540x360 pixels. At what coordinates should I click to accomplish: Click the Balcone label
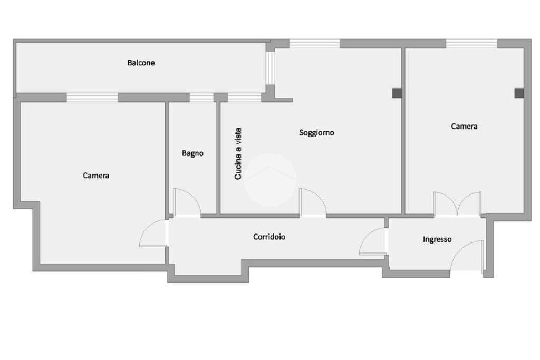click(141, 63)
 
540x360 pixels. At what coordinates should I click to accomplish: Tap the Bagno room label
click(192, 153)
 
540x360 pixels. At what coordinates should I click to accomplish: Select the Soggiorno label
click(316, 133)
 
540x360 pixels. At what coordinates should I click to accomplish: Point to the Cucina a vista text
click(238, 153)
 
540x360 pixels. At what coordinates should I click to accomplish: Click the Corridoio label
click(269, 237)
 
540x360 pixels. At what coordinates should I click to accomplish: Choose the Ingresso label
click(437, 239)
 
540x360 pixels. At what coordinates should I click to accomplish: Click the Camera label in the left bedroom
click(96, 176)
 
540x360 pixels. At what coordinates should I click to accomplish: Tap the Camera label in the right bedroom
click(464, 127)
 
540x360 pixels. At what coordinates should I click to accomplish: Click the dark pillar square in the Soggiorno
click(397, 93)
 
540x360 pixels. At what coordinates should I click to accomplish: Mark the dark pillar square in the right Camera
click(519, 93)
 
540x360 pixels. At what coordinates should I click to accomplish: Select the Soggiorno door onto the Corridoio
click(313, 202)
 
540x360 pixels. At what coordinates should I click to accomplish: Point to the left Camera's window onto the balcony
click(92, 97)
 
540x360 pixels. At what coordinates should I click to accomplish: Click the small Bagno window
click(201, 97)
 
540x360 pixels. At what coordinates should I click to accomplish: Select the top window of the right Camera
click(471, 44)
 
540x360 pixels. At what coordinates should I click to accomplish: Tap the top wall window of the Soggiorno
click(314, 44)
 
